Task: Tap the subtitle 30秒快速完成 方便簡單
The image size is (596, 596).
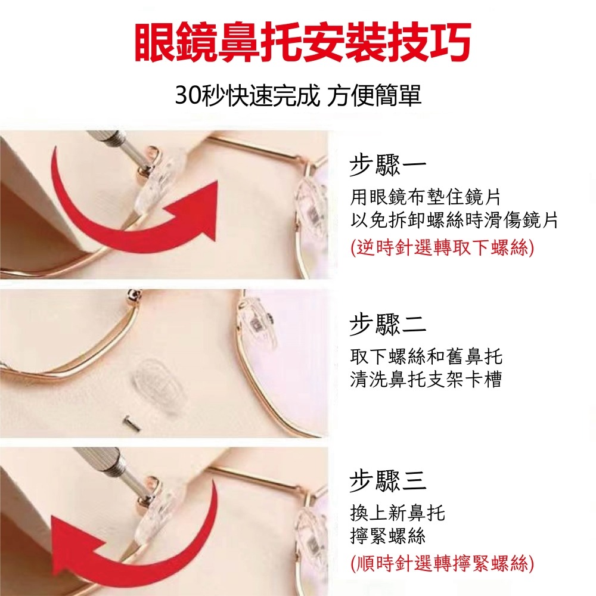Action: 298,95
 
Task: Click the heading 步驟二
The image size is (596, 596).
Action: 387,325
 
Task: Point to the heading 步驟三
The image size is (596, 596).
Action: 387,480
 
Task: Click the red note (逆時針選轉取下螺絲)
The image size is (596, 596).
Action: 442,247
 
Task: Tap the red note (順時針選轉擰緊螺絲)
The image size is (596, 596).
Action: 442,563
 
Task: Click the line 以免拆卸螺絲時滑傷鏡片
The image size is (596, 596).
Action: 454,221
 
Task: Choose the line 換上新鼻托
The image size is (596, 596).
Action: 398,512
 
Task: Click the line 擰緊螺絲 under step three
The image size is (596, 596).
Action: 388,536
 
